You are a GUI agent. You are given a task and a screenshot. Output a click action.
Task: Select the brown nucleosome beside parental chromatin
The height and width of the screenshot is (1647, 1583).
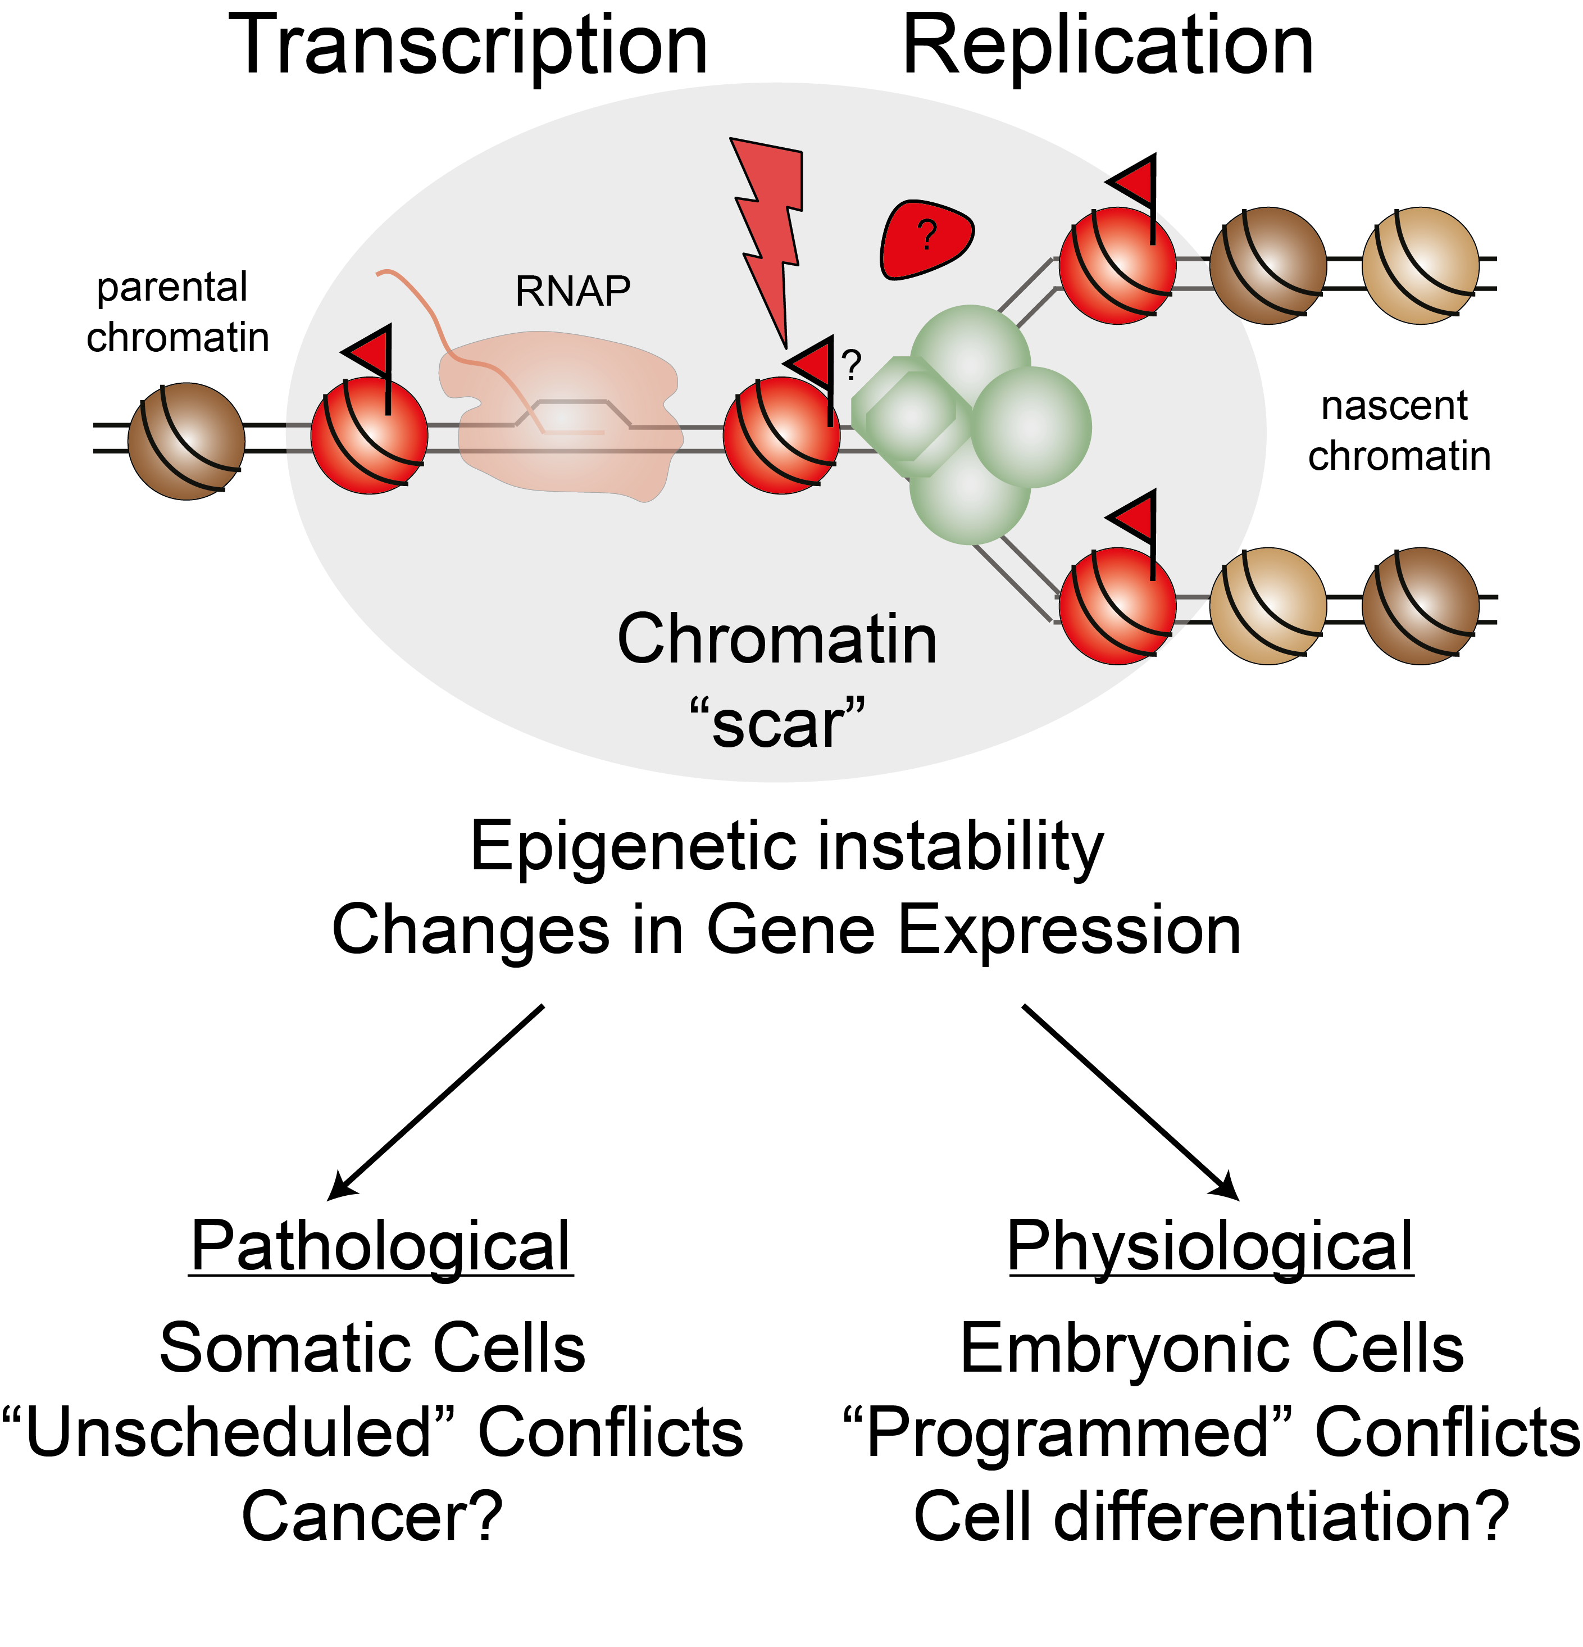coord(186,441)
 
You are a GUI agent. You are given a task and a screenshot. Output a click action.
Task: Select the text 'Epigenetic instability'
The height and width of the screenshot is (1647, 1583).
coord(786,847)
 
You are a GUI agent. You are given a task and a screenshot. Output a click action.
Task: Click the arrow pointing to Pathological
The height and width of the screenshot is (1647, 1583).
coord(437,1101)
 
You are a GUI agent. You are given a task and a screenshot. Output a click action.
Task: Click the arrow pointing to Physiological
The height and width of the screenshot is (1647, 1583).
coord(1130,1101)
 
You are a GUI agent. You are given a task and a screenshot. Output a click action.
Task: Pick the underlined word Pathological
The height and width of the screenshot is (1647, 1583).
coord(381,1247)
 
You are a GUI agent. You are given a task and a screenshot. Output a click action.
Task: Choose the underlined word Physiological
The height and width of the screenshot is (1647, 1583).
coord(1210,1247)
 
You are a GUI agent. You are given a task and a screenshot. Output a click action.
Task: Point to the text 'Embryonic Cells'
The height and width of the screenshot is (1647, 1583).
coord(1212,1349)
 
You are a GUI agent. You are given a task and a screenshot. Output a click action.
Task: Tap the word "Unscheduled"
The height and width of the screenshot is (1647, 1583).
coord(229,1433)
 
